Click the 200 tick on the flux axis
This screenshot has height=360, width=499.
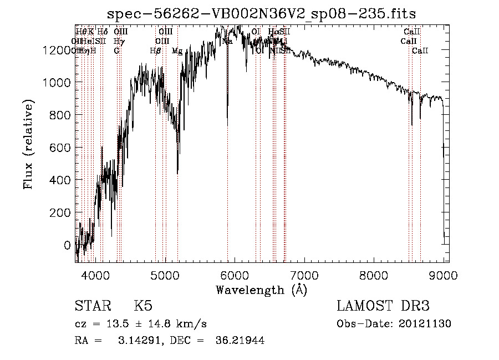point(62,212)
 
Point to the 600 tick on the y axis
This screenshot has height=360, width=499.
point(62,148)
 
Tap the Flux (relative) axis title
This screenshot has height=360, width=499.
point(29,145)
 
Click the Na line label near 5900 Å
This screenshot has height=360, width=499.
point(227,42)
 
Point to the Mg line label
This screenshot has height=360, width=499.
point(177,51)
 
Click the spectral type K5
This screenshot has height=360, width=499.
point(143,306)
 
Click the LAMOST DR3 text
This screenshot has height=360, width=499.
point(383,306)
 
